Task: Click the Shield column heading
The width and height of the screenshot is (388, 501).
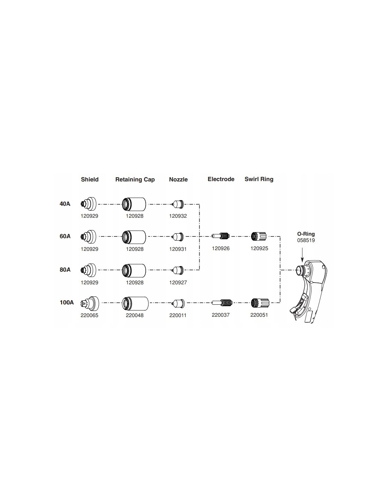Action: (x=90, y=179)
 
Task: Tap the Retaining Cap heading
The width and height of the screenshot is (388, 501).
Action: (x=135, y=180)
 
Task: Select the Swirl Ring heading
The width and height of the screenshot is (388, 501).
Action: (x=259, y=179)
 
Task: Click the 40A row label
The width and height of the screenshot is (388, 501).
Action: (x=65, y=204)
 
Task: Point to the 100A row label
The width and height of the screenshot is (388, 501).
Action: (x=67, y=303)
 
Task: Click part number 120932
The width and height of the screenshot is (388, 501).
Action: (x=178, y=216)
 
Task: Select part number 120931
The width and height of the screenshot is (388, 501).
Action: (x=178, y=249)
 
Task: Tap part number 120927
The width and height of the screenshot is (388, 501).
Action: (x=178, y=283)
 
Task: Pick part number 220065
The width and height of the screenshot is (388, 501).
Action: (x=89, y=315)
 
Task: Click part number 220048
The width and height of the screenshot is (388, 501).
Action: (x=134, y=315)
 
